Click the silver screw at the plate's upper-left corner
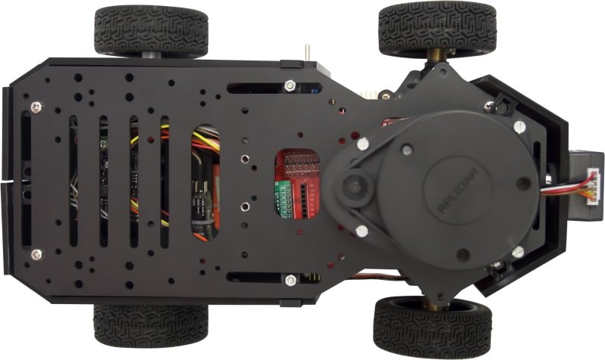tap(36, 107)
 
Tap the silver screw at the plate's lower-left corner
tap(36, 254)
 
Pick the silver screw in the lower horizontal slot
tap(290, 281)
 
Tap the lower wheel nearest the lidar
tap(432, 327)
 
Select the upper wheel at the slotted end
tap(151, 32)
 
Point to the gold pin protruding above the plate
tap(308, 54)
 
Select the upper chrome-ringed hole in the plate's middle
tap(244, 160)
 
